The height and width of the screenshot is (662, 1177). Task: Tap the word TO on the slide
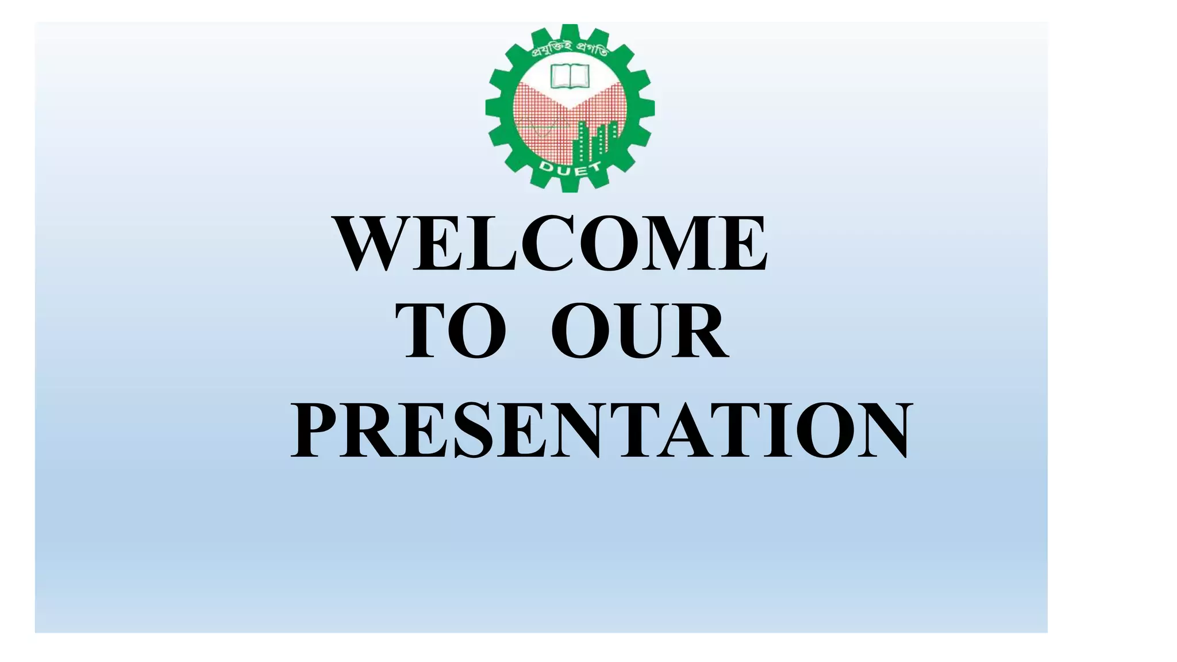(451, 332)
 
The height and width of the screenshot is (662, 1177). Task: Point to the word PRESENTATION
(601, 430)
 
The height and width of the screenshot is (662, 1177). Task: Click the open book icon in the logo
(570, 76)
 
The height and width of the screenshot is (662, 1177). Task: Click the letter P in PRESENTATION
(313, 430)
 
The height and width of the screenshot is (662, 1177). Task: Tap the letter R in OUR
(699, 332)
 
